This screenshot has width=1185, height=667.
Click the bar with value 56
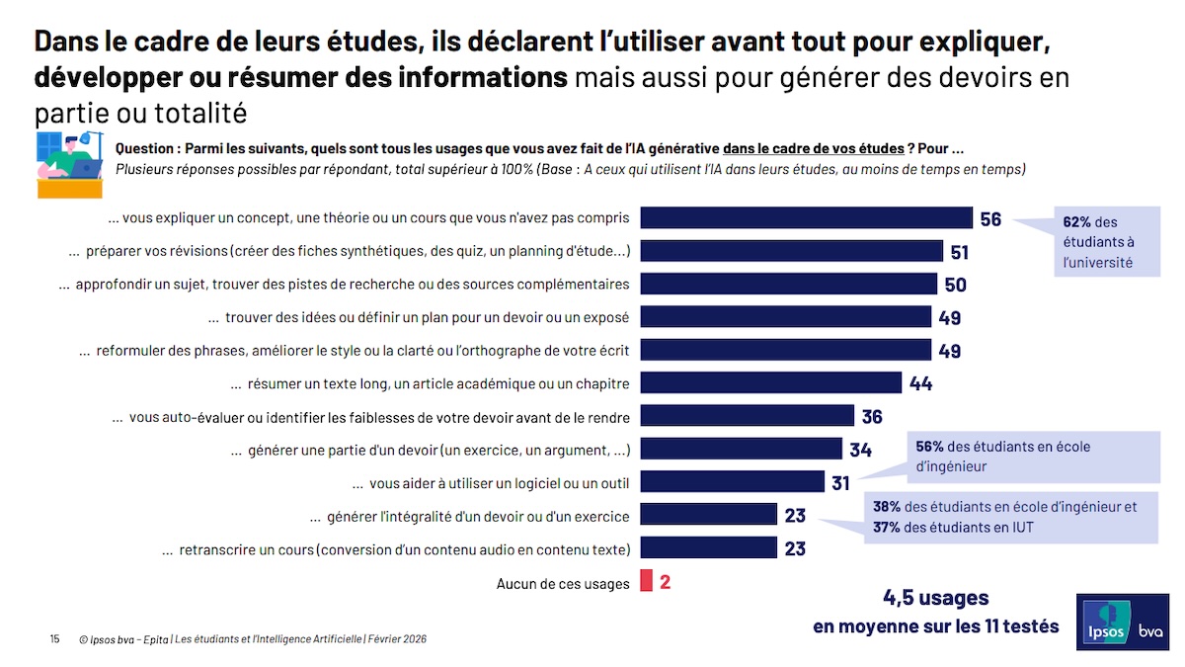pos(806,218)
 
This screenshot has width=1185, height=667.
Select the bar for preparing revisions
pos(791,251)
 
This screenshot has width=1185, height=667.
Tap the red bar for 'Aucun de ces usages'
pos(646,581)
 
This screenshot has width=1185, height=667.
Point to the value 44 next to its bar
pos(920,383)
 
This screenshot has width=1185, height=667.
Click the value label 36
pos(871,416)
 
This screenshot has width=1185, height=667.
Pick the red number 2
pos(666,582)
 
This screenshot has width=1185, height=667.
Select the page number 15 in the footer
pos(54,639)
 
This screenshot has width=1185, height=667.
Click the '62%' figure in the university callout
pos(1076,222)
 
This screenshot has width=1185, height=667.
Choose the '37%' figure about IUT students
pos(886,528)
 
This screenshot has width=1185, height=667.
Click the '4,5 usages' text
pos(935,598)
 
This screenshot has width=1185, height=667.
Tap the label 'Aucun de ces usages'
pos(563,583)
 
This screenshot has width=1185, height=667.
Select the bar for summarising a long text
pos(770,383)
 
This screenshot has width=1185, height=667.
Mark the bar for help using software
pos(732,482)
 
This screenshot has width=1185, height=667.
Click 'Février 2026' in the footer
pos(397,639)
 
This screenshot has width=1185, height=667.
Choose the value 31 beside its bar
pos(841,482)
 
